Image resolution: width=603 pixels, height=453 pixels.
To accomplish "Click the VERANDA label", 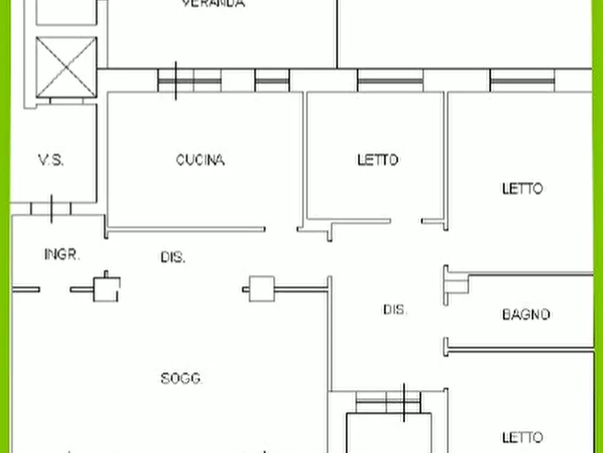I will tap(213, 3).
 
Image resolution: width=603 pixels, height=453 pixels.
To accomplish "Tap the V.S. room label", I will tap(51, 160).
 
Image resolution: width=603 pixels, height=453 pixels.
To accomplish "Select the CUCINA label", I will tap(200, 160).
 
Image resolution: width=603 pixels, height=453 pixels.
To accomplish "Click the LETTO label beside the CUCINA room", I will tap(377, 160).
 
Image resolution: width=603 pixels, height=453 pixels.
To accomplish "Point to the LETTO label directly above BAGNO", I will tap(522, 189).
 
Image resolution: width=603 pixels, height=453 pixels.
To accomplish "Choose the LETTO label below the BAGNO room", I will tap(522, 437).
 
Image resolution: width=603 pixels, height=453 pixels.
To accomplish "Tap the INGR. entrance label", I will tap(62, 255).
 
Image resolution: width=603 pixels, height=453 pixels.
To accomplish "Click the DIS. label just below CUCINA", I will tap(173, 257).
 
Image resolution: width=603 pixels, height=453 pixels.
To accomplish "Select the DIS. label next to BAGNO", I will tap(395, 310).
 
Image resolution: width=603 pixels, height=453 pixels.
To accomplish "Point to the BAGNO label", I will tap(526, 314).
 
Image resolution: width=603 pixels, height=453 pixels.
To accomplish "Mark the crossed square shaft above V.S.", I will tap(65, 68).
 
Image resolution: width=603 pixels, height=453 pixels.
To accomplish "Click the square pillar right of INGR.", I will tap(106, 289).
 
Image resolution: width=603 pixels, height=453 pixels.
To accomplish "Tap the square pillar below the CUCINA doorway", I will tap(261, 289).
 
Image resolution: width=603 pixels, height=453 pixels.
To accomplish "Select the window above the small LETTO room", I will tap(390, 80).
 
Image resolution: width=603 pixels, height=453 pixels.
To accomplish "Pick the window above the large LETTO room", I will tap(522, 80).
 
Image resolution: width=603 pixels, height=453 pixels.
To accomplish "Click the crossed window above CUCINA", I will tap(189, 80).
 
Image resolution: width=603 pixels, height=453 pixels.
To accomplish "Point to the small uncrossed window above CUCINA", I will tap(272, 80).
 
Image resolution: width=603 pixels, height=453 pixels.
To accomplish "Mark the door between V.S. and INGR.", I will tap(51, 208).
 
